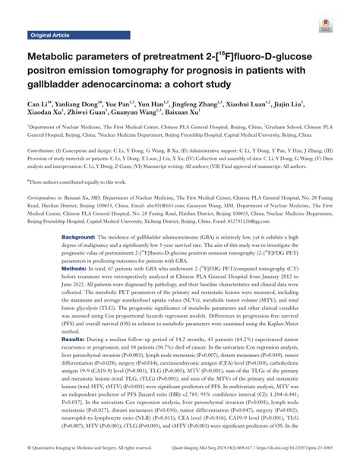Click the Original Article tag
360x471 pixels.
coord(49,36)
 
